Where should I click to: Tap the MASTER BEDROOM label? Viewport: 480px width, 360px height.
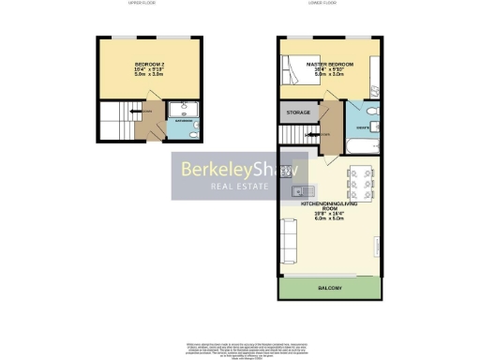click(x=329, y=65)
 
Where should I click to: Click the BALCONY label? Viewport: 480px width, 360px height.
click(x=329, y=288)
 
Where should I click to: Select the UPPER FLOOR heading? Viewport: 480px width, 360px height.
click(x=142, y=4)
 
